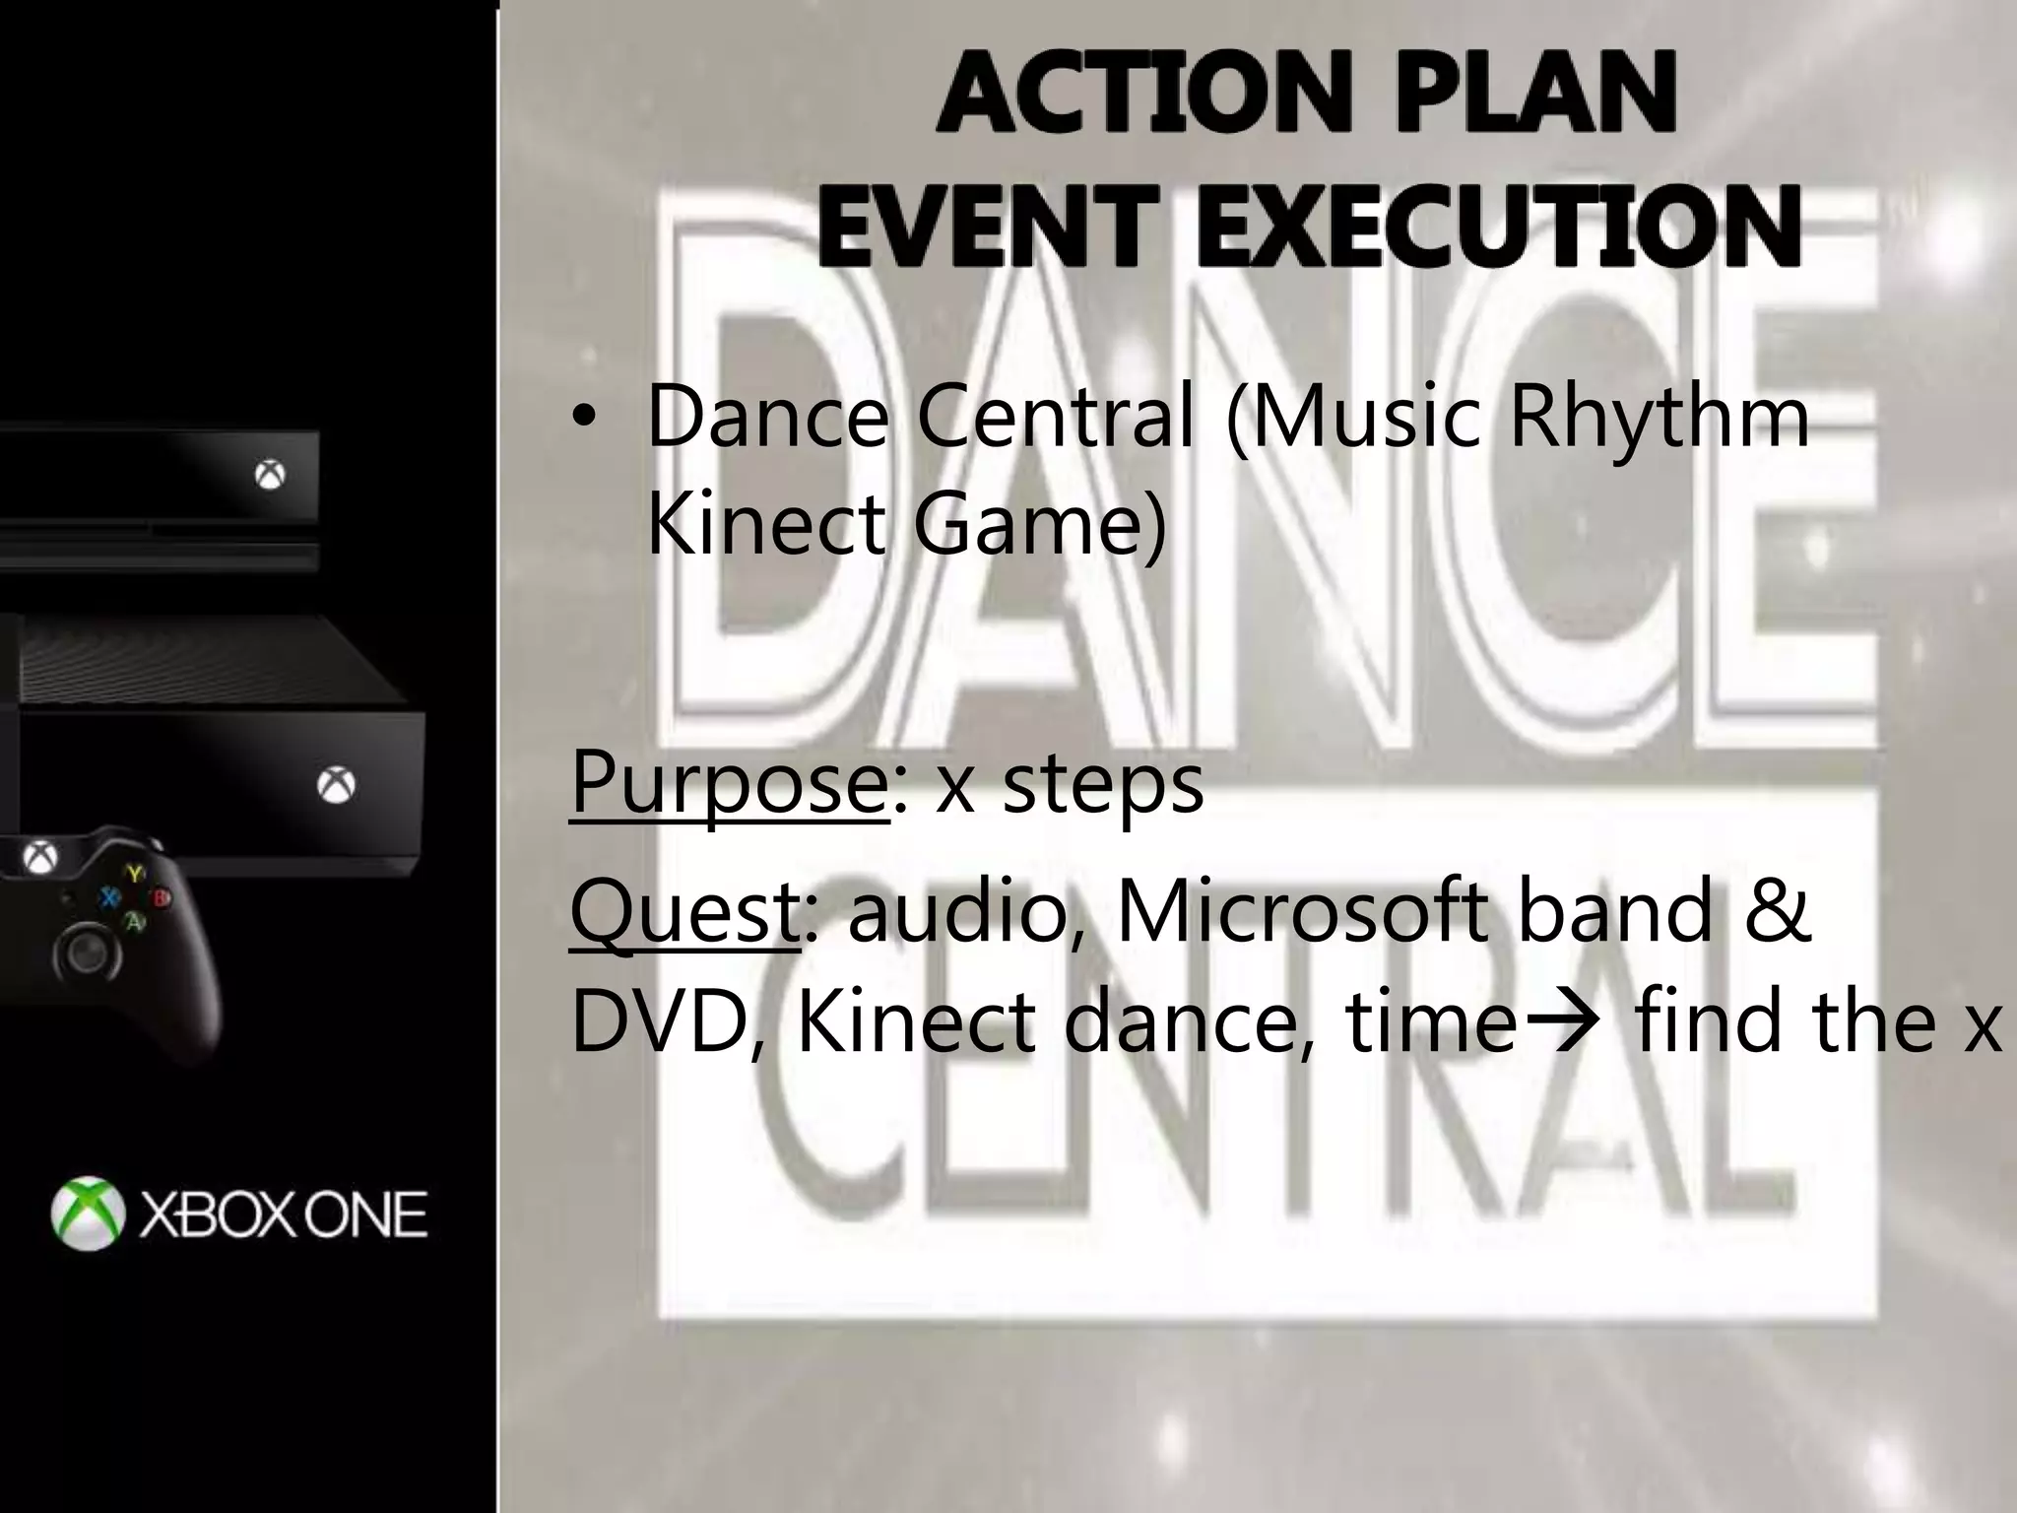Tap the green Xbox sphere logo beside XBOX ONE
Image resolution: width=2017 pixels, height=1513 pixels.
click(88, 1214)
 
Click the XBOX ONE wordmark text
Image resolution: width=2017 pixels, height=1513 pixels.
click(284, 1216)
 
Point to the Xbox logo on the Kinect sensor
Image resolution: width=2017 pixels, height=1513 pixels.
click(270, 476)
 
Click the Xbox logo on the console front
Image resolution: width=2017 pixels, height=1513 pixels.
click(336, 785)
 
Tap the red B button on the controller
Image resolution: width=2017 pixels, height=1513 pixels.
click(160, 897)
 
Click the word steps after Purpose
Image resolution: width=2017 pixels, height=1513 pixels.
click(1103, 784)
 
